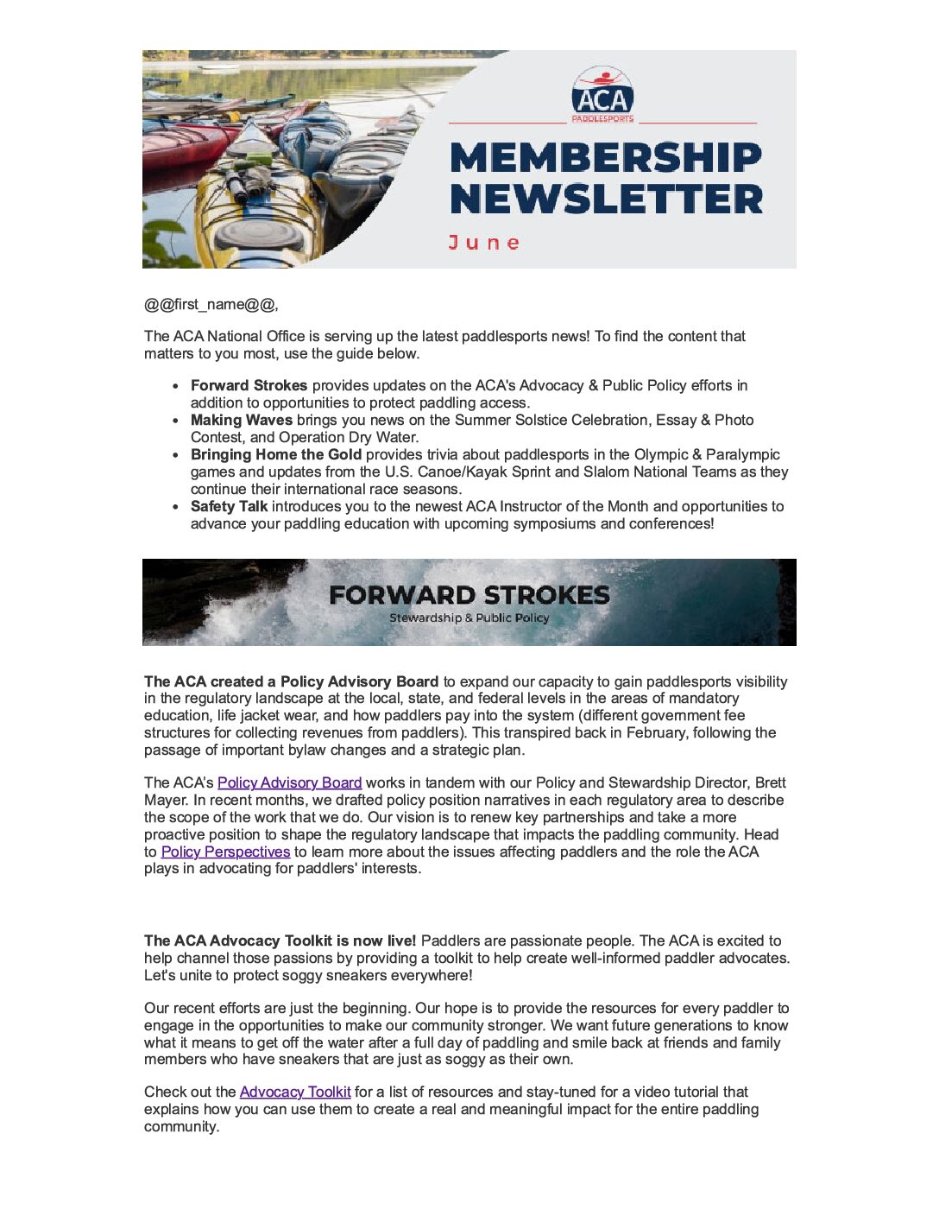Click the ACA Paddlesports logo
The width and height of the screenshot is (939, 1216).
click(x=602, y=94)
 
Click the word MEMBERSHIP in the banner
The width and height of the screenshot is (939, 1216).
click(x=606, y=158)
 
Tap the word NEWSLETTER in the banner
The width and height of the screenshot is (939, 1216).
click(x=606, y=199)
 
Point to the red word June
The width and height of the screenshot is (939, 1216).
click(x=484, y=243)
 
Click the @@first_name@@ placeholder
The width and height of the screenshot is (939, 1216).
click(x=211, y=304)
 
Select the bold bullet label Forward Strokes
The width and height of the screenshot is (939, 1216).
click(x=249, y=385)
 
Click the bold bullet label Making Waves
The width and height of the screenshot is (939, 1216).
click(x=241, y=420)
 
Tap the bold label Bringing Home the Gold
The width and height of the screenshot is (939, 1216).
click(x=276, y=454)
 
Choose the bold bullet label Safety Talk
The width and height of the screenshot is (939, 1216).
click(x=229, y=506)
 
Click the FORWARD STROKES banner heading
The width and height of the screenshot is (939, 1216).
click(x=469, y=595)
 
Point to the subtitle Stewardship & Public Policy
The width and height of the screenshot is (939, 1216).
click(x=469, y=618)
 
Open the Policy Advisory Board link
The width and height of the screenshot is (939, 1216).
click(x=289, y=782)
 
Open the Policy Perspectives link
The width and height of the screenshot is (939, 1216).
click(x=225, y=852)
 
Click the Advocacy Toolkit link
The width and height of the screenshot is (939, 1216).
click(x=295, y=1092)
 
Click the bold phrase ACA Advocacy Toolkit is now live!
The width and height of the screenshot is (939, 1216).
click(x=280, y=940)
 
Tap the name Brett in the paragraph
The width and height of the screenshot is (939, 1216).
click(x=771, y=782)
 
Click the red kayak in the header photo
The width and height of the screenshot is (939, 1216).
click(x=186, y=142)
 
